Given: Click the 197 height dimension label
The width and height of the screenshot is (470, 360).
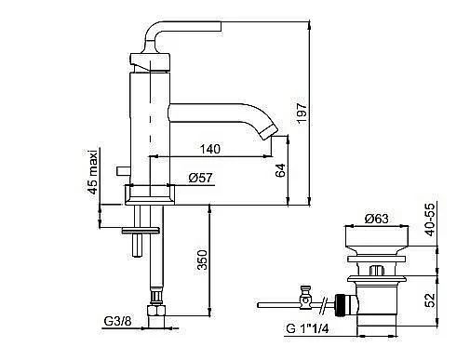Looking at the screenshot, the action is (302, 113).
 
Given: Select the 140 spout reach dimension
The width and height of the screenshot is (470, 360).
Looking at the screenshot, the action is (210, 149).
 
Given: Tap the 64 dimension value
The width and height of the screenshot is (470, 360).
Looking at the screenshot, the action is (280, 170).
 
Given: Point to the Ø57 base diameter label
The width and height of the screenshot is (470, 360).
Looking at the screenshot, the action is (201, 178).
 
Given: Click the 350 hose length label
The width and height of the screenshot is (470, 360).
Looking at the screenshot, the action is (202, 260).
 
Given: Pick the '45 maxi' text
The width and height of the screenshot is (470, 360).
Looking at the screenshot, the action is (93, 171).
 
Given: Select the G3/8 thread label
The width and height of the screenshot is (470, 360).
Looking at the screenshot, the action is (117, 321).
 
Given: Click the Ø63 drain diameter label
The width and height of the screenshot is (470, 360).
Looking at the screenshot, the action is (377, 219).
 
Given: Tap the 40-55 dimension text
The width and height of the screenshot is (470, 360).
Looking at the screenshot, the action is (430, 220).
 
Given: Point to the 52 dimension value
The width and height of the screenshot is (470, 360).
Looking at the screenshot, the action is (430, 300).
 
